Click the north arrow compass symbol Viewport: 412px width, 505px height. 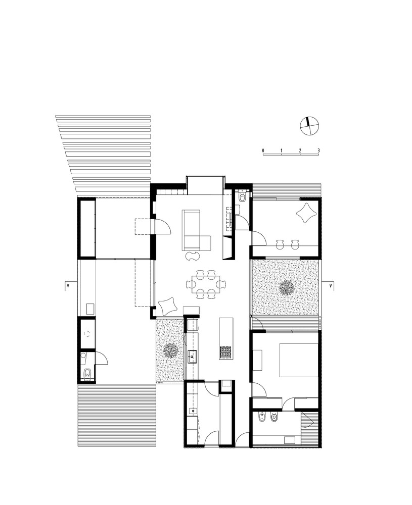[x=309, y=126]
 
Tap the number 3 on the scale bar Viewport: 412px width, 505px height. [x=318, y=150]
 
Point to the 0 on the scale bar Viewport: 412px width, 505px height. [x=263, y=150]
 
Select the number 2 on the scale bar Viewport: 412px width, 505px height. [x=300, y=150]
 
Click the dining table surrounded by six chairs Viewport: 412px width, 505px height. [x=205, y=284]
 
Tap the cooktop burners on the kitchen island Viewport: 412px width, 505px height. [x=226, y=351]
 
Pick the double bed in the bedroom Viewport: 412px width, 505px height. [x=299, y=360]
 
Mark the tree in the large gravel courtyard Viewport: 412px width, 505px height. [x=286, y=287]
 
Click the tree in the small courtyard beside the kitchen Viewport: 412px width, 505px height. [x=169, y=350]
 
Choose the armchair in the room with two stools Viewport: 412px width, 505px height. [x=306, y=213]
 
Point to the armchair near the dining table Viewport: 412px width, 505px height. [x=168, y=306]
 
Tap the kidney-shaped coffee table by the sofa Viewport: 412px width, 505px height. [x=193, y=257]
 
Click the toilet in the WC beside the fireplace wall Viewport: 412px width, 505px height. [x=243, y=197]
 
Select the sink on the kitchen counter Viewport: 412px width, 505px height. [x=193, y=356]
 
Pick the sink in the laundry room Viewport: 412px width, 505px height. [x=193, y=411]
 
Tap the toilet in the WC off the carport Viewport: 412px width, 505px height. [x=87, y=374]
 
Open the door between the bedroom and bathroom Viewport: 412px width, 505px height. [x=288, y=403]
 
